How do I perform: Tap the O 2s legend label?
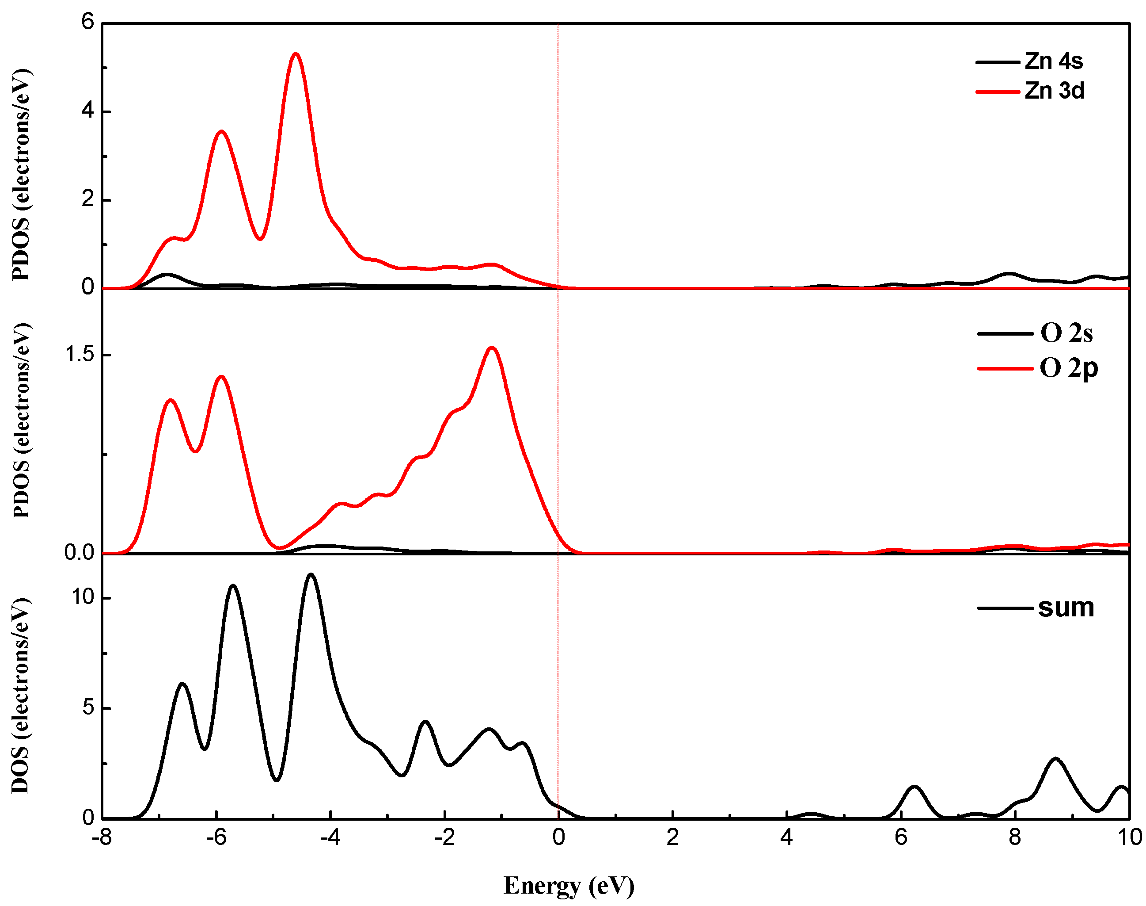point(1066,333)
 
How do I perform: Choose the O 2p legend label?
point(1068,368)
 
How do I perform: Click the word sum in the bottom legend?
point(1066,608)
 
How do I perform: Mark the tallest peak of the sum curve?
point(311,574)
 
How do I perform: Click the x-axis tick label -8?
point(102,837)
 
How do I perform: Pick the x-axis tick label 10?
point(1129,837)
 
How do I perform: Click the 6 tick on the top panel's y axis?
point(87,22)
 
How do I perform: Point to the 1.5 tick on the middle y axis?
point(79,354)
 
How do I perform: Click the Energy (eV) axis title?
point(568,885)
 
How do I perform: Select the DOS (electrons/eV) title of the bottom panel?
point(20,696)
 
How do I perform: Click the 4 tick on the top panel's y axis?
point(87,111)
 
